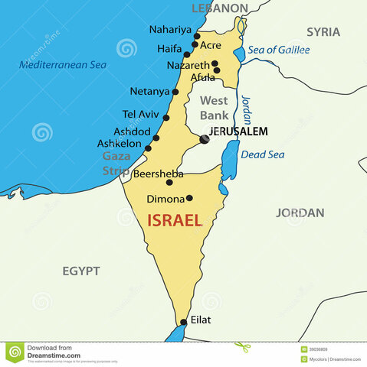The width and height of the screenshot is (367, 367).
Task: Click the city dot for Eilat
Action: [x=183, y=323]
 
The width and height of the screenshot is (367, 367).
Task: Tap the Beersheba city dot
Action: [x=169, y=183]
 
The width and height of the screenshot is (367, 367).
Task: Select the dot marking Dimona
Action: [x=189, y=198]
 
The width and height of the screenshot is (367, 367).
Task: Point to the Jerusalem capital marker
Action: [x=204, y=138]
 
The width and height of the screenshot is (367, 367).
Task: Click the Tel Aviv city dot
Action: [x=166, y=117]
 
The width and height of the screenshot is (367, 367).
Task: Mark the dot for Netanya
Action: [x=175, y=92]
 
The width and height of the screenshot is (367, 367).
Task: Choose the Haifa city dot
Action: [x=186, y=55]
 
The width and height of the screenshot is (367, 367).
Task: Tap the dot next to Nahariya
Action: [x=197, y=36]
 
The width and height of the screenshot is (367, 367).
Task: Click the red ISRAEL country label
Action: [x=174, y=221]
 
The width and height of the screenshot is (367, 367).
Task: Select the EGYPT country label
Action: [x=81, y=271]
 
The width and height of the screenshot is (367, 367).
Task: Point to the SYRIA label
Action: [x=323, y=32]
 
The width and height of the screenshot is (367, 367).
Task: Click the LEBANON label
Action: [x=220, y=8]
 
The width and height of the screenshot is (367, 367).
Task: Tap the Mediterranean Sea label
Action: [x=63, y=65]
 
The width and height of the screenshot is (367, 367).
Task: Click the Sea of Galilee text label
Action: [x=279, y=50]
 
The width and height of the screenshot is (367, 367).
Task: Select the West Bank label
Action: [x=214, y=108]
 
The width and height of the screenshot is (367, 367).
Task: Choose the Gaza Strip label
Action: [x=116, y=163]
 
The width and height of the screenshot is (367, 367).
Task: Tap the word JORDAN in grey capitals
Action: [x=300, y=213]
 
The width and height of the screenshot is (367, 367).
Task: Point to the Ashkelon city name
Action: [x=119, y=143]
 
